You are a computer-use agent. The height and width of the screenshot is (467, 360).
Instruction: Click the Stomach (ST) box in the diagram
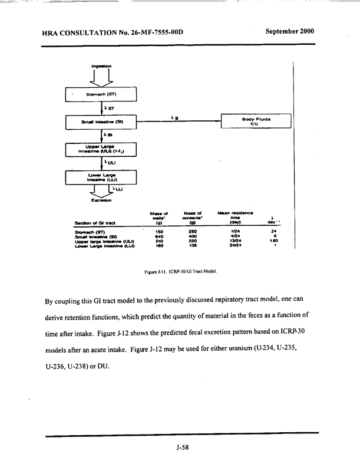tap(101, 94)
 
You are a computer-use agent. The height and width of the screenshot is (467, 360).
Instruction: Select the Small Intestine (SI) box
tap(101, 121)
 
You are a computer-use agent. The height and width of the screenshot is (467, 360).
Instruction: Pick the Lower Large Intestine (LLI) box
tap(101, 177)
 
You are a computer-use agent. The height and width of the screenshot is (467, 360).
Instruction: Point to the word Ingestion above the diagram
tap(101, 66)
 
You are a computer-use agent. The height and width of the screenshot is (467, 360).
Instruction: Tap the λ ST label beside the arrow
tap(109, 108)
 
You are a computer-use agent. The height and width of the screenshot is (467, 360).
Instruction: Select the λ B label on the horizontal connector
tap(174, 118)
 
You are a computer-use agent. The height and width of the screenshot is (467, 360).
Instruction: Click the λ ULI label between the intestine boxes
tap(110, 163)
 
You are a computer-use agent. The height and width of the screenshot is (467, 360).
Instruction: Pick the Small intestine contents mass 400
tap(192, 236)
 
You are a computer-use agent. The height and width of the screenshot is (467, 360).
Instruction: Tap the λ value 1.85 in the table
tap(274, 241)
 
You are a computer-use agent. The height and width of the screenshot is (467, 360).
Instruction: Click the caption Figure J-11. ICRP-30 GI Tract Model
tap(180, 272)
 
